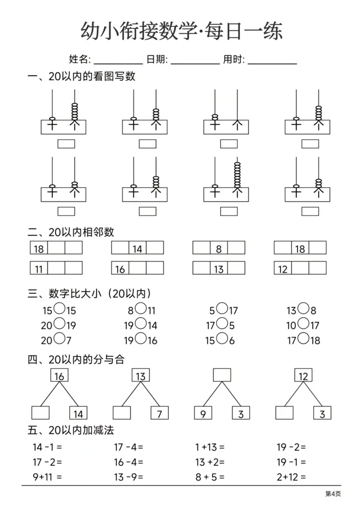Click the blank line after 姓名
coord(118,63)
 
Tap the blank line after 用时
coord(272,63)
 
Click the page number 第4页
coord(333,494)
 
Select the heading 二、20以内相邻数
coord(71,232)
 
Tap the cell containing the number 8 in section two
coord(219,248)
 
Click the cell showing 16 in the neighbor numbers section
coord(120,269)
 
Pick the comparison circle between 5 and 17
coord(221,309)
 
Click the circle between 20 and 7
coord(59,339)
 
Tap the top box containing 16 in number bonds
coord(59,376)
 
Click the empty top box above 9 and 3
coord(222,375)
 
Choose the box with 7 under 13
coord(159,413)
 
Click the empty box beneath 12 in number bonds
coord(284,413)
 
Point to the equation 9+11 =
coord(47,477)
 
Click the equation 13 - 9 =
coord(129,477)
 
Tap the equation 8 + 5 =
coord(210,477)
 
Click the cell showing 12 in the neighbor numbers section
coord(283,269)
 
